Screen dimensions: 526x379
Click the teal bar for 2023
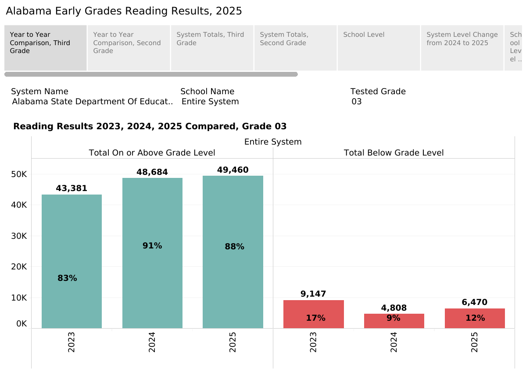[72, 262]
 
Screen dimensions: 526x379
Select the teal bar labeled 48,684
[152, 253]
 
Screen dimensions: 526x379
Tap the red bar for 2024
[394, 321]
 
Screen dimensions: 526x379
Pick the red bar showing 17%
[314, 314]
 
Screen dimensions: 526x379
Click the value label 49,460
[233, 170]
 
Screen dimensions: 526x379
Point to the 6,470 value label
[474, 302]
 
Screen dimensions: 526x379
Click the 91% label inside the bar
[152, 246]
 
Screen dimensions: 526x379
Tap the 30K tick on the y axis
[19, 236]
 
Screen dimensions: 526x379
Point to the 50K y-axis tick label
[19, 174]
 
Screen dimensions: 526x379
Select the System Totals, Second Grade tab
[296, 48]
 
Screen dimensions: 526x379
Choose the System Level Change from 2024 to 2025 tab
[462, 48]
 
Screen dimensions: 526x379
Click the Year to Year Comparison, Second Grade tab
[129, 48]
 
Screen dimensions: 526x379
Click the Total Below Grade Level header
[394, 153]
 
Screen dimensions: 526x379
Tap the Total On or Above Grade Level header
[152, 153]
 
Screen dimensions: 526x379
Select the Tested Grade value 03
[357, 102]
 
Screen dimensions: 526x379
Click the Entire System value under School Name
[210, 102]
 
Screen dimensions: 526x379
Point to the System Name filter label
[39, 92]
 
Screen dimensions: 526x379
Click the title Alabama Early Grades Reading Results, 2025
[124, 11]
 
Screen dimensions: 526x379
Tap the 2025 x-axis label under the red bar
[474, 342]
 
